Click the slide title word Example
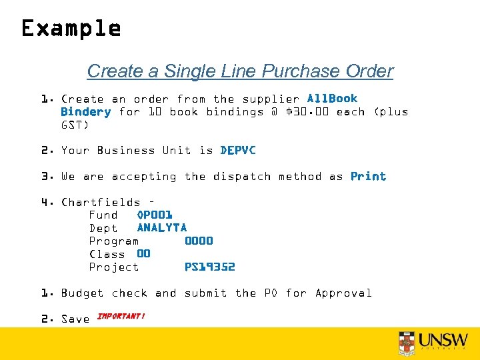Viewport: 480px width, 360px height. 71,29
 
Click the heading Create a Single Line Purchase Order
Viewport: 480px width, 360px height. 240,71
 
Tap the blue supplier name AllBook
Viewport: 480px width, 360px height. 332,99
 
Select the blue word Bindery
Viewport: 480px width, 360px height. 85,112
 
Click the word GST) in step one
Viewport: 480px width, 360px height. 75,125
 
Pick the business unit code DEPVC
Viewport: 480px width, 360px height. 238,151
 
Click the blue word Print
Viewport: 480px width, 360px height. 368,177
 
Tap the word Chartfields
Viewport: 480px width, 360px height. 101,203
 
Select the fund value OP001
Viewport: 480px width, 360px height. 155,215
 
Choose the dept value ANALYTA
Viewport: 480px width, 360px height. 162,228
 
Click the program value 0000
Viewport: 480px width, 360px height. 199,241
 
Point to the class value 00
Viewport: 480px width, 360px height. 143,254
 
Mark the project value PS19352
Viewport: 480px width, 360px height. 209,267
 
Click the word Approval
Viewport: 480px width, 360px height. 343,293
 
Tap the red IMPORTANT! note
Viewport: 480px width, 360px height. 121,316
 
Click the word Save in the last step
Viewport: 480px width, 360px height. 75,319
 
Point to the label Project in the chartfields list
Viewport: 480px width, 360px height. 114,267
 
